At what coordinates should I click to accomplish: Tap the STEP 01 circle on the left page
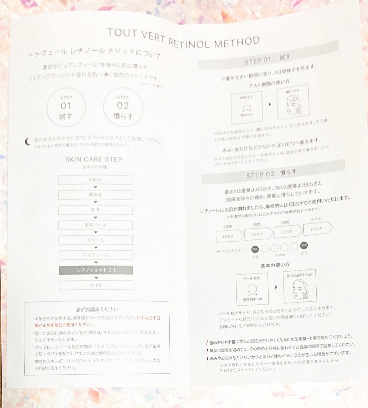66,107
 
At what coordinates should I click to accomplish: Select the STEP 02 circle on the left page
123,107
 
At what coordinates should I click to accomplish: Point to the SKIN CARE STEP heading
94,159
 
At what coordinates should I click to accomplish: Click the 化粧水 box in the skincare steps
95,180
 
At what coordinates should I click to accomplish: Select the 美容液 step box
95,195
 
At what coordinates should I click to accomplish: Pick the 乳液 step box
95,210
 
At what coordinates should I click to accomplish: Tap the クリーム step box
96,240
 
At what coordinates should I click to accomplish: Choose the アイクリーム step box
96,255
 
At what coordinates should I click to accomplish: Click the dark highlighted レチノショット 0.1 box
96,270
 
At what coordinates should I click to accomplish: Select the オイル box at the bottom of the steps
96,285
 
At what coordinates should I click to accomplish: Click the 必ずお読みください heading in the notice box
97,310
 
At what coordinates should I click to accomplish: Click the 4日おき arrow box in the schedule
230,236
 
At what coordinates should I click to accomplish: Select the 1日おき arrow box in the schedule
318,228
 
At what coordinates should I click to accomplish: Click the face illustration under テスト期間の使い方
293,102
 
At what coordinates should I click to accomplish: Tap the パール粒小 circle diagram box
252,289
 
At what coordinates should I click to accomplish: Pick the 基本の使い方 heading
275,265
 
